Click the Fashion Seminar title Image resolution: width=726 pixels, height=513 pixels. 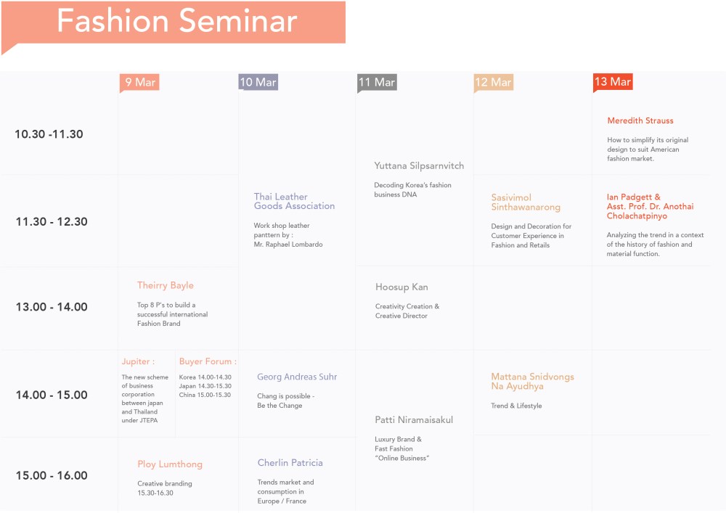pos(176,21)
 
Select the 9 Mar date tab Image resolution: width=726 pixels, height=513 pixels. pos(139,83)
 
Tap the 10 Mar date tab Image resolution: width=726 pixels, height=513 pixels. pos(258,83)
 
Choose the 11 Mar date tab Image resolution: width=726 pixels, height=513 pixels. pos(377,83)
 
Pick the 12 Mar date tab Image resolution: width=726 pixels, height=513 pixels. pos(494,83)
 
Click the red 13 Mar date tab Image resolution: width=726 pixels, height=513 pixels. pos(613,82)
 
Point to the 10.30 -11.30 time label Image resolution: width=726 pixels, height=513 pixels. pos(49,134)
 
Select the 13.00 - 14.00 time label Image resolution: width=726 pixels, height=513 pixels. pos(52,307)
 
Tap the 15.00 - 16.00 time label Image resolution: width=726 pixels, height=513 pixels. pos(52,476)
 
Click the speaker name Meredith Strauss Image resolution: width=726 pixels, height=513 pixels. pos(640,120)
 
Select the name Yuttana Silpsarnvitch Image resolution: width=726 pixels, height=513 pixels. pos(419,166)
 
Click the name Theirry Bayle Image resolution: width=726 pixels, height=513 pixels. pos(166,286)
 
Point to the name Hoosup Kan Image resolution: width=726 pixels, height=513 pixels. pos(401,287)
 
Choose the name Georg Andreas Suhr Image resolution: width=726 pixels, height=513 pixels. pos(297,377)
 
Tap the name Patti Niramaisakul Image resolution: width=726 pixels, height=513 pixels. pos(414,420)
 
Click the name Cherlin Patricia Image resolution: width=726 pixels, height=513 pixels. pos(290,463)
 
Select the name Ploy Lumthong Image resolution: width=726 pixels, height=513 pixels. pos(170,464)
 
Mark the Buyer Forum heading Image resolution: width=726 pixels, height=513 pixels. pos(208,361)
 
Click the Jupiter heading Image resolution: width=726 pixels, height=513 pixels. pos(138,361)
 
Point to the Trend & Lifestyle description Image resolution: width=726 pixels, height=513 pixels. pos(516,406)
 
